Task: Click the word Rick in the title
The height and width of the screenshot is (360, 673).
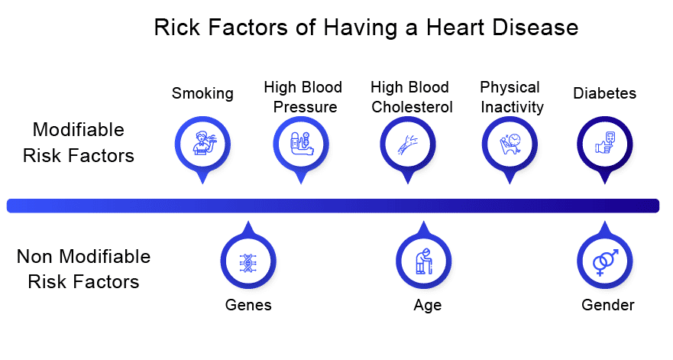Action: click(177, 28)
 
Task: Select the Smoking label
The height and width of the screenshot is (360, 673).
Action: click(202, 94)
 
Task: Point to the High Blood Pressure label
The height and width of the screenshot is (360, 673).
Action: click(303, 97)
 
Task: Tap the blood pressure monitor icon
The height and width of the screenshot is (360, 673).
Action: click(302, 144)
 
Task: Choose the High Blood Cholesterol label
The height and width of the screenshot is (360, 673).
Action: click(411, 97)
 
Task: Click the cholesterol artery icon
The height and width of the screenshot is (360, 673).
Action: click(408, 144)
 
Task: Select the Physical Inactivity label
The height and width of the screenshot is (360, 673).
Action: click(511, 97)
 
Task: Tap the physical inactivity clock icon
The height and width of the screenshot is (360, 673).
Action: click(510, 144)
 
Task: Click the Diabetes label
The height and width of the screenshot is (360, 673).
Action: click(605, 93)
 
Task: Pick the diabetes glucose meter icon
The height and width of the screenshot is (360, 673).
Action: click(605, 143)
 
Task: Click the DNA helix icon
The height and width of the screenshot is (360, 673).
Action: click(248, 262)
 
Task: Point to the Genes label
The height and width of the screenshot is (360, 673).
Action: click(248, 305)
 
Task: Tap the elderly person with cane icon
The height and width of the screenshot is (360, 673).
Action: click(424, 261)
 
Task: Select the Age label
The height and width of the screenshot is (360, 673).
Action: click(428, 306)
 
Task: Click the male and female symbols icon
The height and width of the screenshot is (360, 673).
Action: click(605, 261)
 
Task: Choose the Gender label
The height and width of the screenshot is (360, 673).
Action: click(608, 305)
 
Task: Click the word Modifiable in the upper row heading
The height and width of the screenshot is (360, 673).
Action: click(79, 130)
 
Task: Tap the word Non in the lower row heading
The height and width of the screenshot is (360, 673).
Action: click(35, 257)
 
